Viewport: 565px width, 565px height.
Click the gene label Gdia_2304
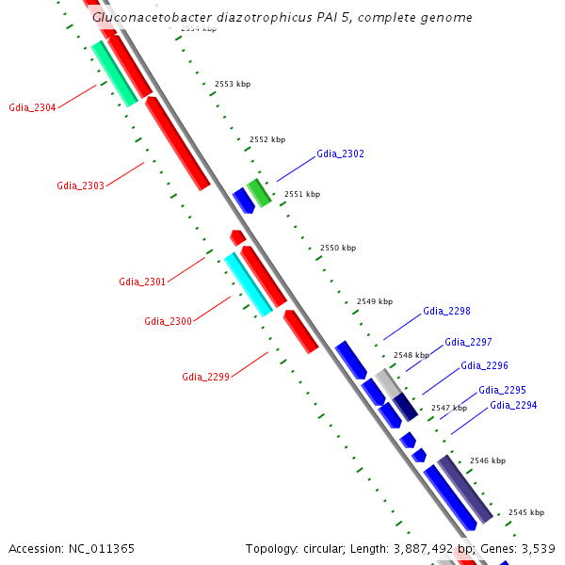[x=32, y=108]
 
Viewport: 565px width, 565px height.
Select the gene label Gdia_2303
[x=80, y=186]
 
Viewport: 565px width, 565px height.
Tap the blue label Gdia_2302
[x=340, y=153]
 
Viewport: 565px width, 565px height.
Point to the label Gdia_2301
[x=142, y=282]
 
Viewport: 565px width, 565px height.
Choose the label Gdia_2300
[x=168, y=322]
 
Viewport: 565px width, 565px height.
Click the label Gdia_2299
[x=205, y=377]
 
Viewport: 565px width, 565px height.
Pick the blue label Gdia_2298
[x=446, y=311]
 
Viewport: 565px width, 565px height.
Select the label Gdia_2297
[x=468, y=343]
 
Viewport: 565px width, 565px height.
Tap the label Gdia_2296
[x=484, y=365]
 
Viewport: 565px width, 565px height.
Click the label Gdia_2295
[x=502, y=390]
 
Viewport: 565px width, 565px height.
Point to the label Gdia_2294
[x=513, y=405]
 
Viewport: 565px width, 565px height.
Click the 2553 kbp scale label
[x=233, y=85]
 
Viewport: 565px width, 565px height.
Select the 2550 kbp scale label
[x=338, y=248]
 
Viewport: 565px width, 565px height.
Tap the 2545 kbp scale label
[x=526, y=513]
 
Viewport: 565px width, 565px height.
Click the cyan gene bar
[x=248, y=283]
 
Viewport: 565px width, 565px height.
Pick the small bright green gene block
[x=259, y=192]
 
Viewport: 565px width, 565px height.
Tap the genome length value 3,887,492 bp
[x=424, y=548]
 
